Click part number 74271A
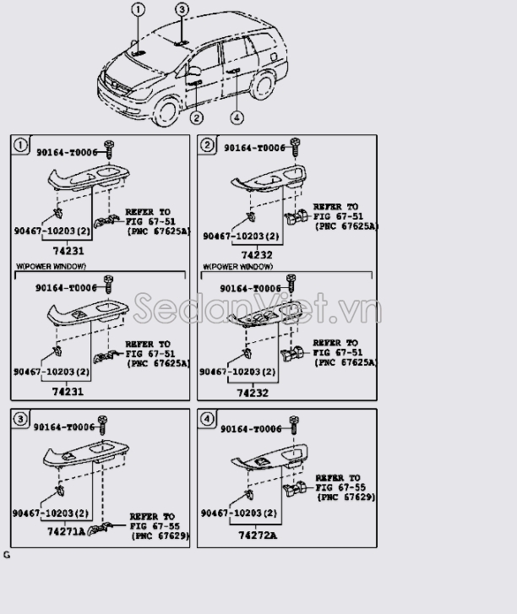(66, 533)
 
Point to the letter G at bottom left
(7, 555)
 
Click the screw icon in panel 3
(102, 421)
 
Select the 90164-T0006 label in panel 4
(251, 429)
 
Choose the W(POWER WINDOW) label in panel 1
(51, 266)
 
